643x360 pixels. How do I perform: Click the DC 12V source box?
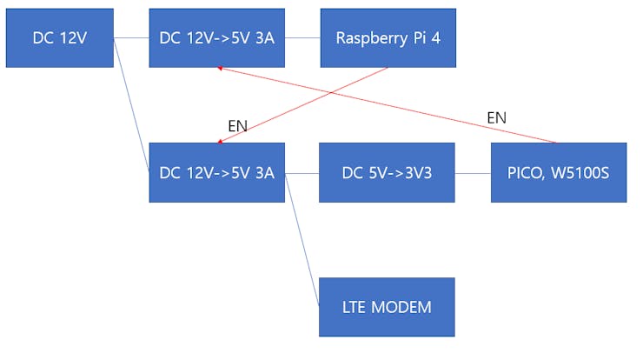click(59, 38)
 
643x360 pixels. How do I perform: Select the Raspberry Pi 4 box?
click(388, 38)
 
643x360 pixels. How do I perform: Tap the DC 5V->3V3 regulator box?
click(388, 172)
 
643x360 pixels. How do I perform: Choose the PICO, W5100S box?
click(558, 172)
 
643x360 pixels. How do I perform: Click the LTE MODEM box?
click(388, 306)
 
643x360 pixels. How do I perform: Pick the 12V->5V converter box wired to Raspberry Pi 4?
click(216, 38)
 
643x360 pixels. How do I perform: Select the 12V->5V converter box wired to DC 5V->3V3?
click(216, 172)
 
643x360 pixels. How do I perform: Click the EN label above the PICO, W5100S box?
click(496, 117)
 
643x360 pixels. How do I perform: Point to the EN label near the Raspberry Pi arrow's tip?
click(237, 126)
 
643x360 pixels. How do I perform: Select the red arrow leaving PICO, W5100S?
click(391, 104)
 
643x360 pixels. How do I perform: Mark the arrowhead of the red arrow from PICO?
click(221, 68)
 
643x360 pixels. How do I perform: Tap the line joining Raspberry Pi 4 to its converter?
click(302, 38)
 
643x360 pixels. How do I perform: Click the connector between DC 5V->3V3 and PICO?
click(473, 173)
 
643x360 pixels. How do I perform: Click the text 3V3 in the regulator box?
click(415, 172)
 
